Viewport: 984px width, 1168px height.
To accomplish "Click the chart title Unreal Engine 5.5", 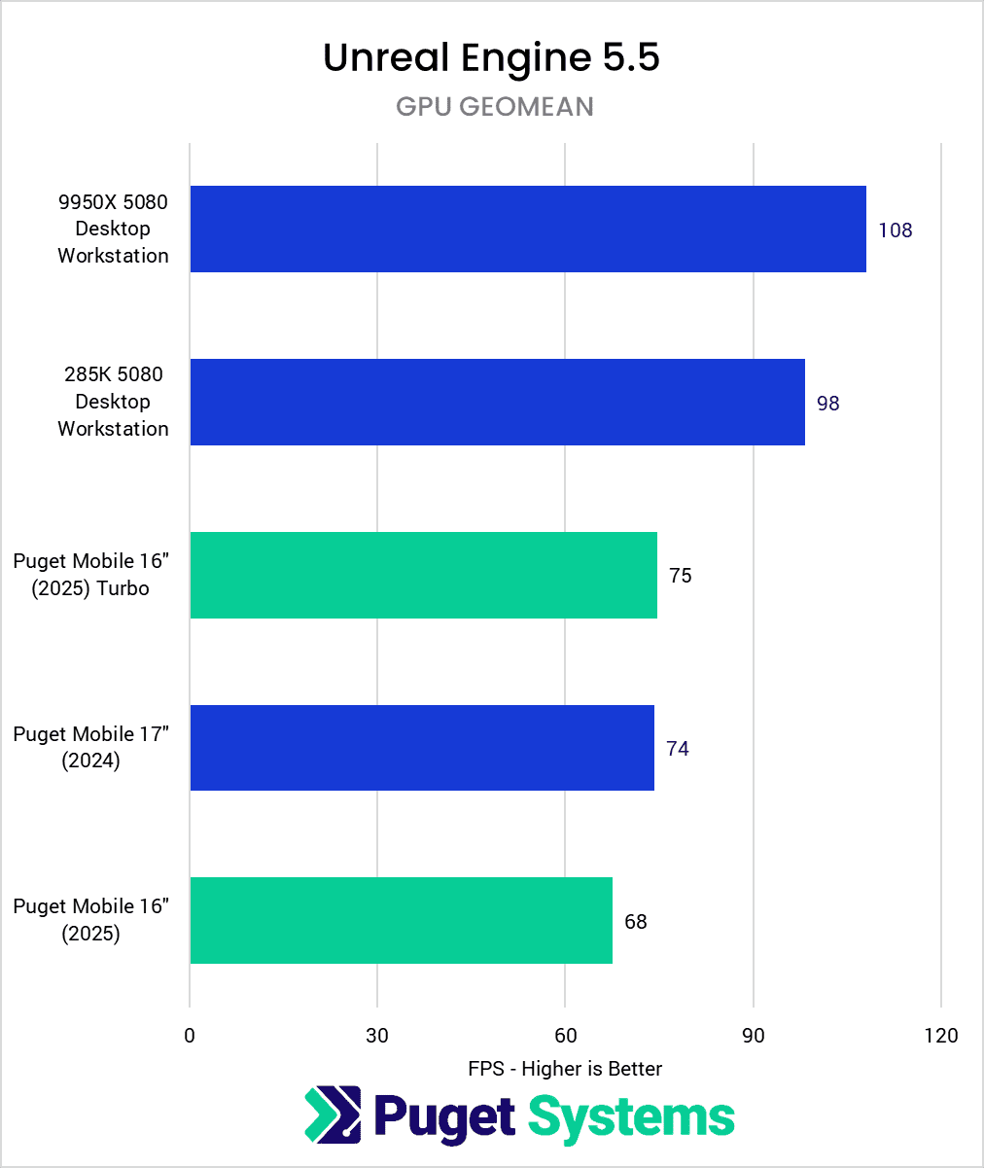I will (491, 58).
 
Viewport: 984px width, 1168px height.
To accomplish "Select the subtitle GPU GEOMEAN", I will (494, 106).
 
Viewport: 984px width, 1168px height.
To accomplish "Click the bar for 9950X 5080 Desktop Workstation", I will (527, 229).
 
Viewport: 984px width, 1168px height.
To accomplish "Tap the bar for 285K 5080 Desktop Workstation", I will (497, 402).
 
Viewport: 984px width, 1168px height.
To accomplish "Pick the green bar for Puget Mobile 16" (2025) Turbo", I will (423, 575).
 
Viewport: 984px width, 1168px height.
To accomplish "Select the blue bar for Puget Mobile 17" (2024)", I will (421, 748).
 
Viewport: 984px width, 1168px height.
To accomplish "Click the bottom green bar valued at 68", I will (401, 920).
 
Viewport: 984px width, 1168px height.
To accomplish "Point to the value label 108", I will (895, 230).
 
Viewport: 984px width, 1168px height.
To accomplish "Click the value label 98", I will (827, 403).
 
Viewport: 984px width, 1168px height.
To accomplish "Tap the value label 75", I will (680, 576).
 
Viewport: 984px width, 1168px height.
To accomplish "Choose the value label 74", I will (677, 749).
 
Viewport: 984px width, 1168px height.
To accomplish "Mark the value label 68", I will (635, 921).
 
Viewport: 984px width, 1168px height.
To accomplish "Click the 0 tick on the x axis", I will (190, 1036).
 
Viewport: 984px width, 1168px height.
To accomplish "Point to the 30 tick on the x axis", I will (377, 1036).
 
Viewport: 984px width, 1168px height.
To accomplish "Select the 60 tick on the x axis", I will (565, 1036).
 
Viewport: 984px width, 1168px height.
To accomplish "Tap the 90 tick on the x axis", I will (754, 1036).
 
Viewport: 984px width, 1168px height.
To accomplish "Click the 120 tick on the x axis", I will (941, 1036).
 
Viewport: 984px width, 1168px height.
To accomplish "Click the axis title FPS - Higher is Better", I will (565, 1069).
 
